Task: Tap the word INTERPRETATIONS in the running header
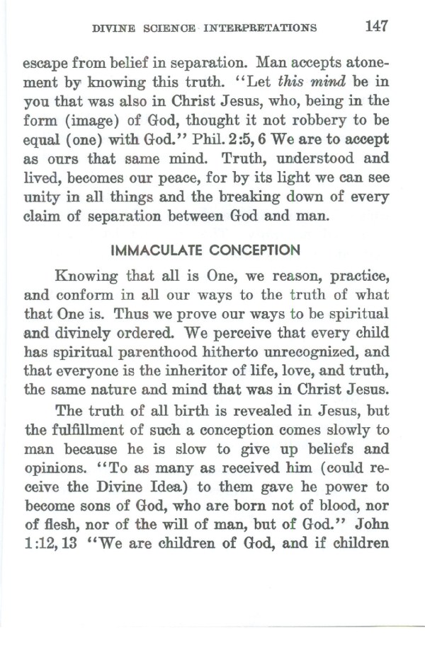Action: [259, 29]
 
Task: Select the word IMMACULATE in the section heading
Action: [165, 250]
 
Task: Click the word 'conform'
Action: [92, 295]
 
